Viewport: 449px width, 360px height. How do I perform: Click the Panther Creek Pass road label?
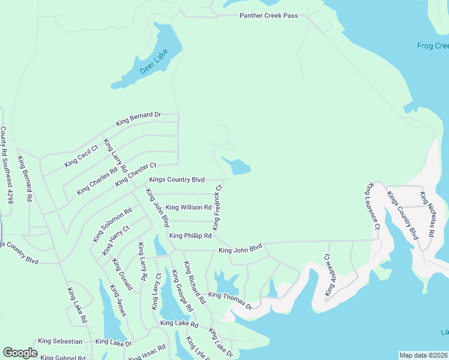click(x=268, y=16)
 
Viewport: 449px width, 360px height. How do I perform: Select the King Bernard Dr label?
click(x=139, y=118)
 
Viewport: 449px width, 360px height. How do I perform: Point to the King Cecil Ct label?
click(x=81, y=155)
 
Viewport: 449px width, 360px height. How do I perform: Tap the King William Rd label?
click(x=188, y=208)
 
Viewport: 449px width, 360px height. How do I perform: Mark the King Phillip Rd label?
click(x=190, y=236)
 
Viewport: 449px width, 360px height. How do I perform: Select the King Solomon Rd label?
click(x=112, y=226)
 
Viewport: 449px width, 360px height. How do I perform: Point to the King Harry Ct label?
click(x=116, y=241)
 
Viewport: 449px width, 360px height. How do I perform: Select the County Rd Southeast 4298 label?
click(x=7, y=165)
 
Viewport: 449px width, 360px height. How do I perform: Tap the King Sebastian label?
click(x=60, y=341)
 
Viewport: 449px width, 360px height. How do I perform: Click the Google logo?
click(x=20, y=352)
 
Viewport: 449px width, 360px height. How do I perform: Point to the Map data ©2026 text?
click(x=423, y=355)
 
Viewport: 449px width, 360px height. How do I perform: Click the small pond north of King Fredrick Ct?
click(x=237, y=166)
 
